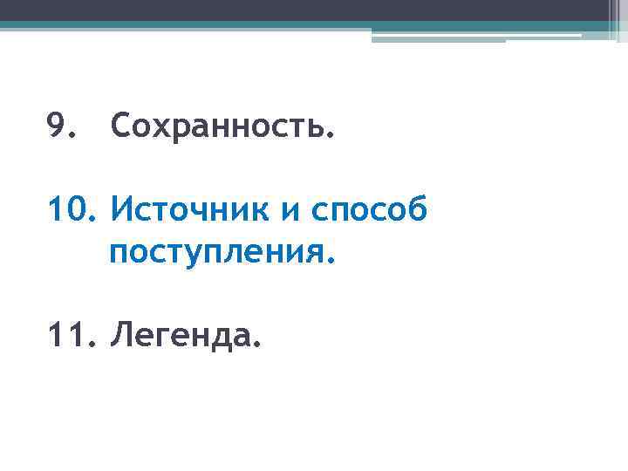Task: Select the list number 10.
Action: point(69,210)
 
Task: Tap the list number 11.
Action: point(69,333)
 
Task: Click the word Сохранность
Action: point(222,128)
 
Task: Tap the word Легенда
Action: point(182,333)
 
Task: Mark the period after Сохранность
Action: point(330,138)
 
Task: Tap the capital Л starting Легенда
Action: point(120,333)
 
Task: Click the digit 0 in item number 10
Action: point(77,210)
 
